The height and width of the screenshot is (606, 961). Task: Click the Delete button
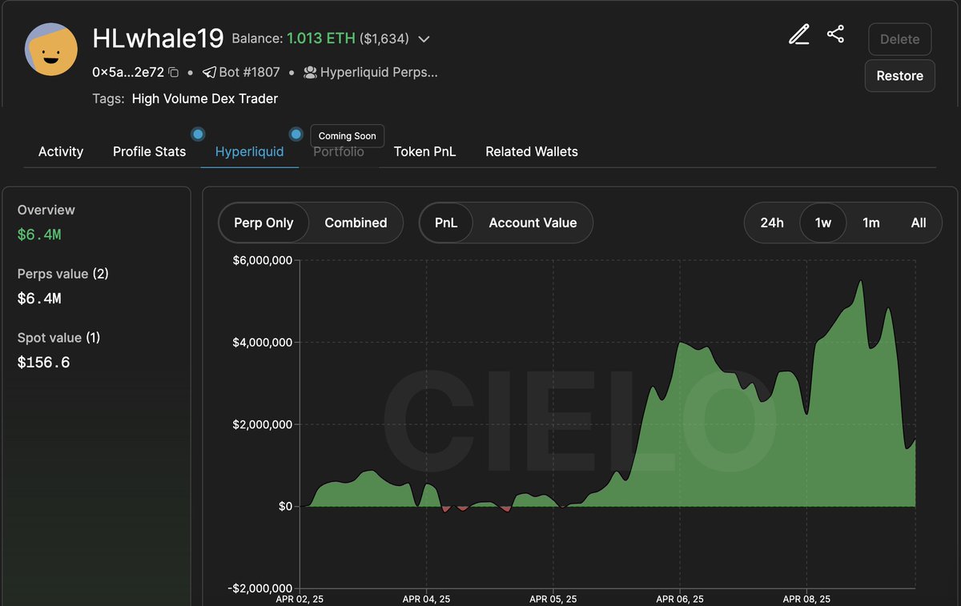click(899, 38)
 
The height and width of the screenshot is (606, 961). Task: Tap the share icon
click(835, 34)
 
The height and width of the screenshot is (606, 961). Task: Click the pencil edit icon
click(798, 34)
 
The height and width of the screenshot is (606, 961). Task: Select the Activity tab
click(61, 151)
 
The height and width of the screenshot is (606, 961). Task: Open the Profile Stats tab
click(149, 151)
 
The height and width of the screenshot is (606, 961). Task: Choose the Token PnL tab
click(424, 151)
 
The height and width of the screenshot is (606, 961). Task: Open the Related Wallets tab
click(532, 151)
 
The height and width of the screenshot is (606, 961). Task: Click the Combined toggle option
click(356, 223)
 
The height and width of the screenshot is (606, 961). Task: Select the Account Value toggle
click(533, 223)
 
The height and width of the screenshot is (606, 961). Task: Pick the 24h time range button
click(772, 223)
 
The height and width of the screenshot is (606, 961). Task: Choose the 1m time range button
click(871, 223)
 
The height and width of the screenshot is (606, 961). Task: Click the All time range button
click(919, 223)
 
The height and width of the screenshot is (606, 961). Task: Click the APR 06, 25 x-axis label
click(680, 599)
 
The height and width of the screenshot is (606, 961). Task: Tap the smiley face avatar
click(51, 50)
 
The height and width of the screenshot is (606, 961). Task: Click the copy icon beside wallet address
click(174, 73)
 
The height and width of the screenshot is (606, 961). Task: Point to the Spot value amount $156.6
click(43, 363)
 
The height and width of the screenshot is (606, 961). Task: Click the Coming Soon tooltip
click(348, 135)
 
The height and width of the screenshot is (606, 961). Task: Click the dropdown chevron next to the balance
click(424, 39)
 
